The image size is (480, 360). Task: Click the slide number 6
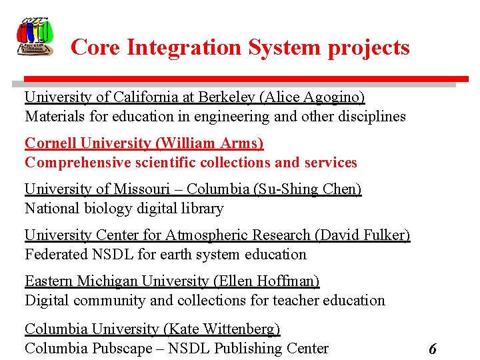click(x=433, y=349)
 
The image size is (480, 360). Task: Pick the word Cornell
click(x=50, y=143)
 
